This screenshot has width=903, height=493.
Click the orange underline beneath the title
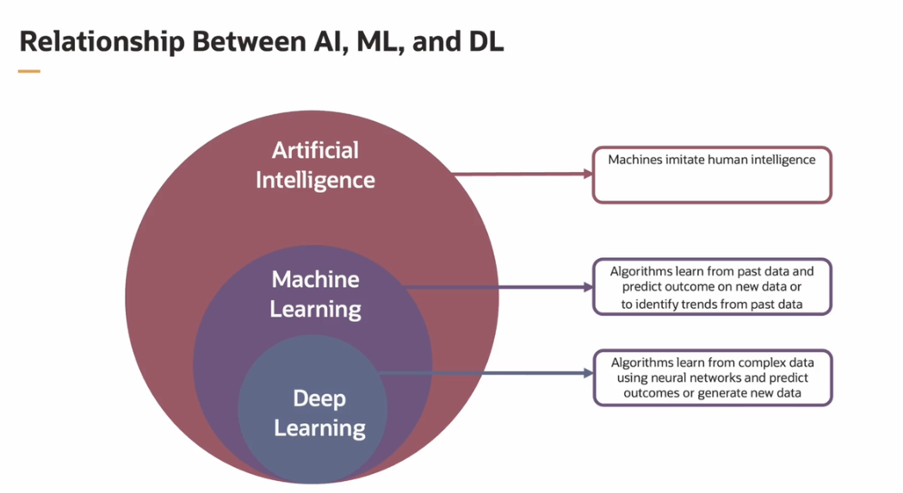pos(29,71)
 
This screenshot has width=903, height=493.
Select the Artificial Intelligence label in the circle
pos(315,164)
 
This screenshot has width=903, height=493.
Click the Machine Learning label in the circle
pos(315,293)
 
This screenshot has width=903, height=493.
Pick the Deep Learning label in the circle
pos(319,413)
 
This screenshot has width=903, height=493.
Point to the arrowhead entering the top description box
pos(588,174)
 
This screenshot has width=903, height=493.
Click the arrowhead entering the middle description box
pos(588,287)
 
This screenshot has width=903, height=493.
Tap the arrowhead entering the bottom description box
pos(588,373)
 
